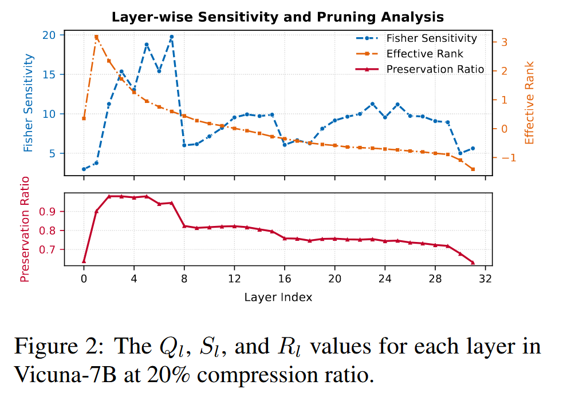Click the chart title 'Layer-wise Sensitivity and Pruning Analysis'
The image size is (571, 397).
277,17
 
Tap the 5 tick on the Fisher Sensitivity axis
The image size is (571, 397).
52,153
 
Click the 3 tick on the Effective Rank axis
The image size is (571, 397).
503,42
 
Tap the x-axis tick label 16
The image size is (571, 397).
285,279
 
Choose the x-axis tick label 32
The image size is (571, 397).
486,279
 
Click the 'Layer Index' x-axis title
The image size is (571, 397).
278,297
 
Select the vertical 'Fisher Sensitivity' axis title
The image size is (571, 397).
28,103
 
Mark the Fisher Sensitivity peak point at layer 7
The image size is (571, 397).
171,37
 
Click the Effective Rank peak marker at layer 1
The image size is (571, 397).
96,37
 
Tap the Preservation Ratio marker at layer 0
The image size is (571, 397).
84,261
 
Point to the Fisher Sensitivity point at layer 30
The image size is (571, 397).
460,153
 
